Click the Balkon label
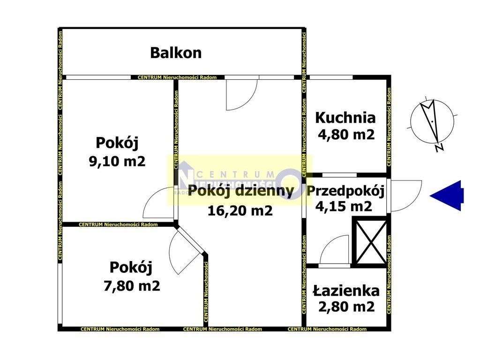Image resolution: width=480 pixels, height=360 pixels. click(x=176, y=52)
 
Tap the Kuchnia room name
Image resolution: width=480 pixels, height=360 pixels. click(x=345, y=118)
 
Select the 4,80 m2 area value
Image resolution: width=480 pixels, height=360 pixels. click(x=345, y=135)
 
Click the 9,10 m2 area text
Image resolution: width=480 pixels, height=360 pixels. click(x=117, y=161)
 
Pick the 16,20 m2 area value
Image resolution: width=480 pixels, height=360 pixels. click(x=240, y=211)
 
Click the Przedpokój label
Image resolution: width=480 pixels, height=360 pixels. click(x=346, y=191)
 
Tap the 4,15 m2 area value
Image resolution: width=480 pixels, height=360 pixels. click(x=345, y=206)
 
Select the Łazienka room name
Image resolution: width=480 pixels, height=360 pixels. click(x=345, y=291)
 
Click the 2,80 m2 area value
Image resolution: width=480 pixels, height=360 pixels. click(x=345, y=307)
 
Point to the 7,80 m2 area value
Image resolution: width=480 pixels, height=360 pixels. click(x=132, y=285)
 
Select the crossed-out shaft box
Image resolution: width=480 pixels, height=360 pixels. click(x=371, y=242)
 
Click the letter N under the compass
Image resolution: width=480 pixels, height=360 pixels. click(x=439, y=149)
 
